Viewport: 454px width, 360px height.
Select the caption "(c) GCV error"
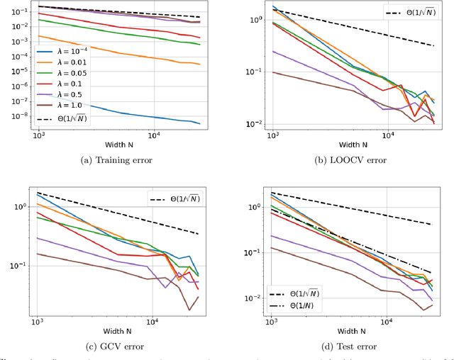tap(117, 346)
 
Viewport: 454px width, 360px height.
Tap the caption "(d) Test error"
tap(350, 346)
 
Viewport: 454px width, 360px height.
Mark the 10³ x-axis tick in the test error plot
tap(271, 320)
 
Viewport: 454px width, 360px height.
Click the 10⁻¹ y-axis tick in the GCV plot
tap(19, 266)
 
